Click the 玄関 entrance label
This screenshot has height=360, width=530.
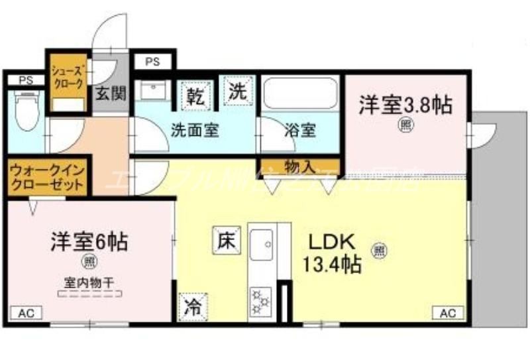(109, 92)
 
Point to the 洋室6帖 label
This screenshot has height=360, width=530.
(89, 241)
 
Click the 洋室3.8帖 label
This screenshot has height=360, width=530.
(405, 104)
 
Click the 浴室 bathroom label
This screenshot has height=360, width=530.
(300, 130)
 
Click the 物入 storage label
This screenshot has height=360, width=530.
(299, 165)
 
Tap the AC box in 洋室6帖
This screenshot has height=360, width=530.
(24, 312)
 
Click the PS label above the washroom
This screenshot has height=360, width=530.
(153, 62)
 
